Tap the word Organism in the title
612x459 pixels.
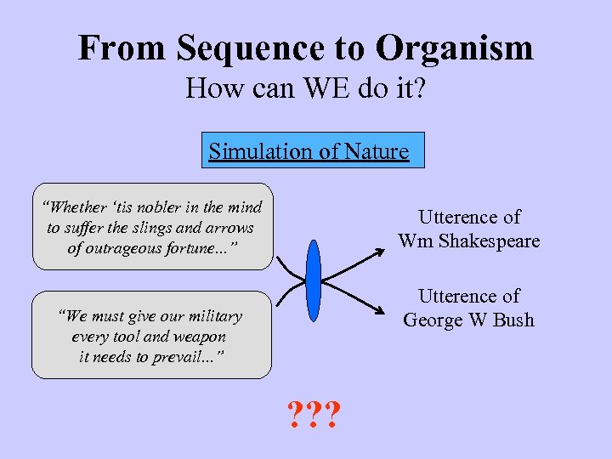(455, 48)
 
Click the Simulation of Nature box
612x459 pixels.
(309, 151)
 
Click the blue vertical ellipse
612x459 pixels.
(313, 276)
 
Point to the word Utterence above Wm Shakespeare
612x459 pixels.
(469, 218)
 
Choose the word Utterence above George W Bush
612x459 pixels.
(469, 297)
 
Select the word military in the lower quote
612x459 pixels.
(210, 316)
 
